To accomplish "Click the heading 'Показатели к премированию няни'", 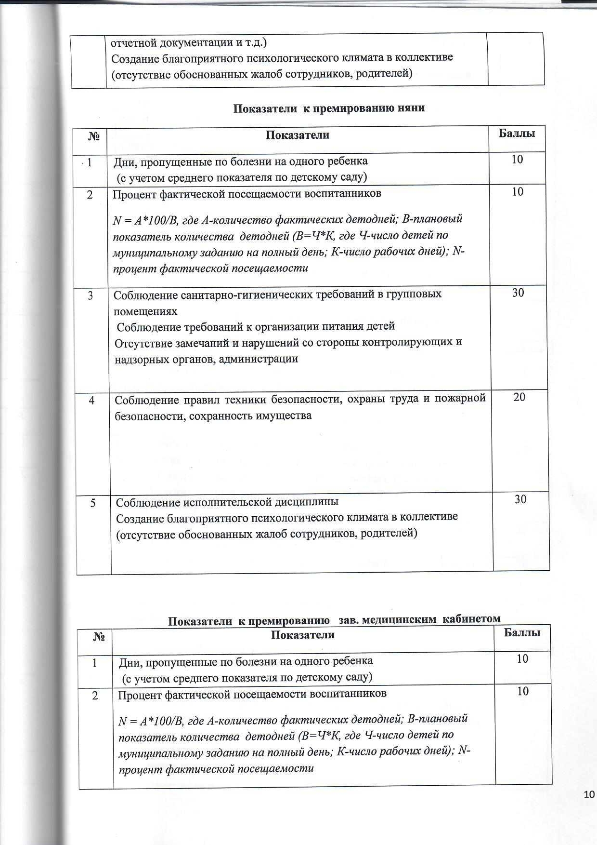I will click(329, 108).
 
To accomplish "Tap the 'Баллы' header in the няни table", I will click(517, 134).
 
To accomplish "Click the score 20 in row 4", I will click(519, 397).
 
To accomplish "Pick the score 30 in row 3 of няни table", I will click(518, 293).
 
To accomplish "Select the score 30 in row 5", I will click(520, 499).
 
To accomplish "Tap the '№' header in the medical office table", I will click(99, 637).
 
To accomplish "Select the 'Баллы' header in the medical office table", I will click(522, 632).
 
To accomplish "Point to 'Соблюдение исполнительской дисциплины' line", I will click(227, 502).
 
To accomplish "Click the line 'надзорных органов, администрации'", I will click(206, 359).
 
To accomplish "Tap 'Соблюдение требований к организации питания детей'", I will click(256, 326).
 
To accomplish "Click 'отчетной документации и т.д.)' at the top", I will click(189, 42).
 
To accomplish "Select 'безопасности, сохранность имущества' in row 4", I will click(213, 416).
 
